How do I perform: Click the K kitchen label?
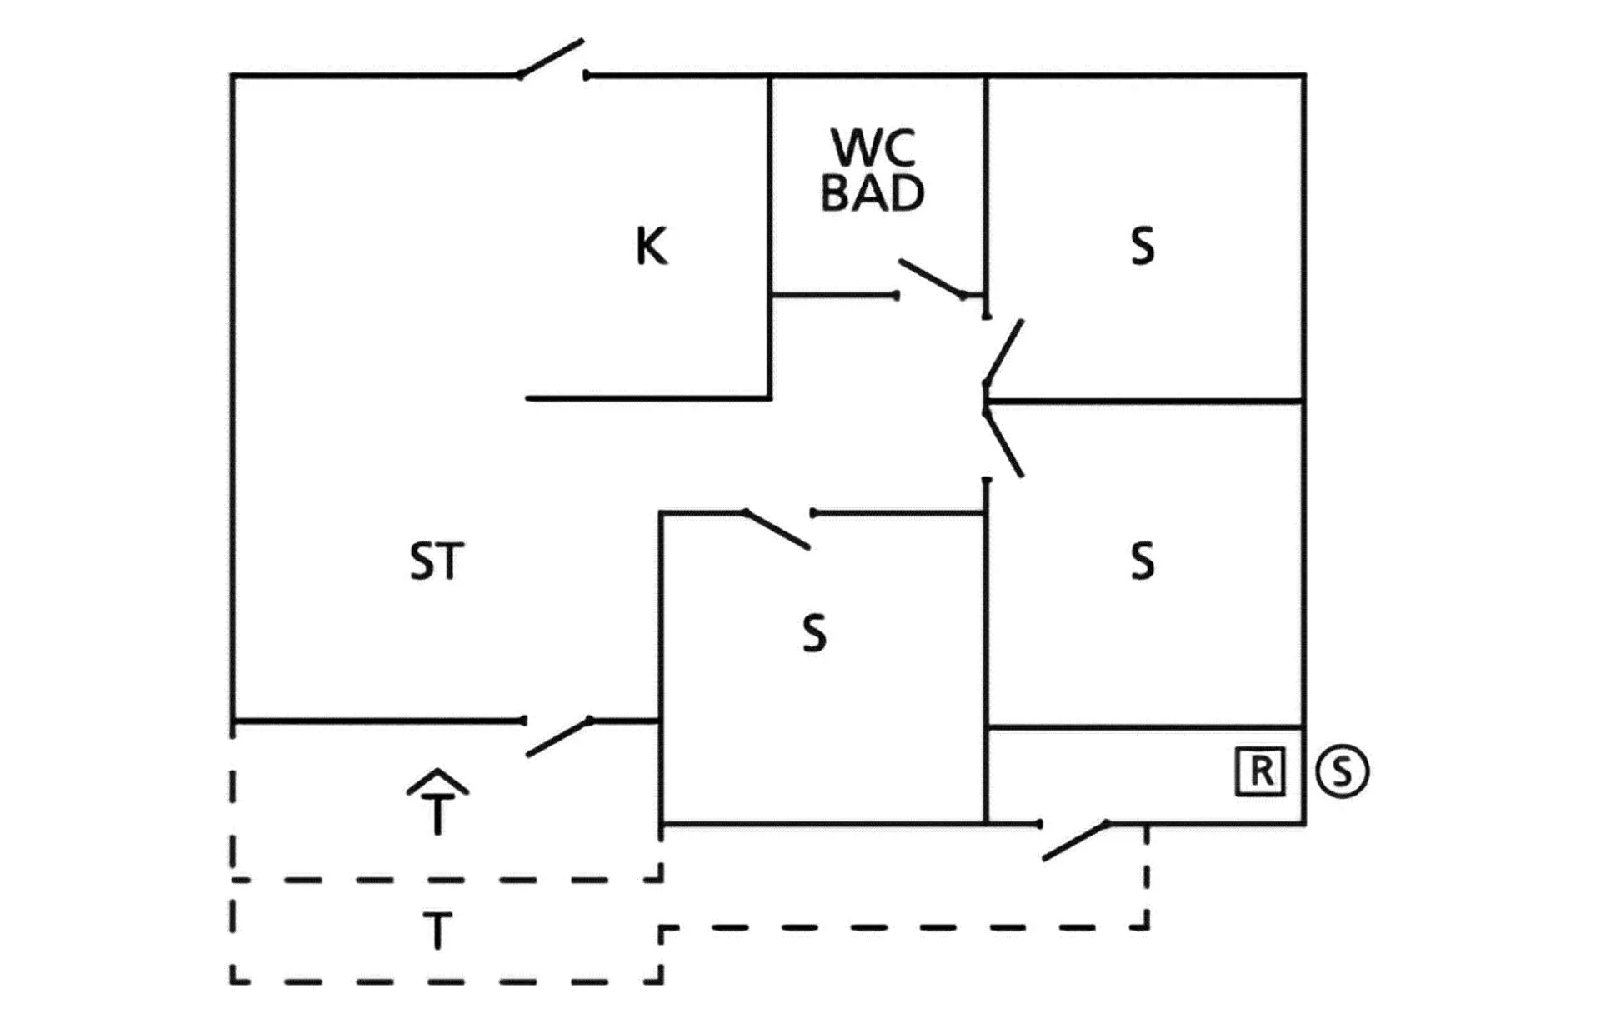tap(651, 247)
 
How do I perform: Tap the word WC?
tap(873, 147)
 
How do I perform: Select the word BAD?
tap(872, 193)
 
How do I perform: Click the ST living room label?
tap(437, 561)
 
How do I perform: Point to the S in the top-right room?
tap(1142, 247)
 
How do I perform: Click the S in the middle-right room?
tap(1142, 561)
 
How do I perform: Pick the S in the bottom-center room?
tap(814, 633)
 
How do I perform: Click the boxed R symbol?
tap(1259, 772)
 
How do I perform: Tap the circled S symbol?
tap(1342, 771)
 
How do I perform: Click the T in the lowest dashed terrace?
tap(437, 931)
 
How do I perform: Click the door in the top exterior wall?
tap(550, 58)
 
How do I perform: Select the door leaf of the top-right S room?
tap(1003, 352)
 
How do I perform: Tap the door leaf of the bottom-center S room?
tap(776, 529)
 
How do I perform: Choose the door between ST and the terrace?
tap(559, 738)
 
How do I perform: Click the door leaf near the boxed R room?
tap(1076, 841)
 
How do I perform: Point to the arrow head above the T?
tap(437, 781)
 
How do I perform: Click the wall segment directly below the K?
tap(648, 398)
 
